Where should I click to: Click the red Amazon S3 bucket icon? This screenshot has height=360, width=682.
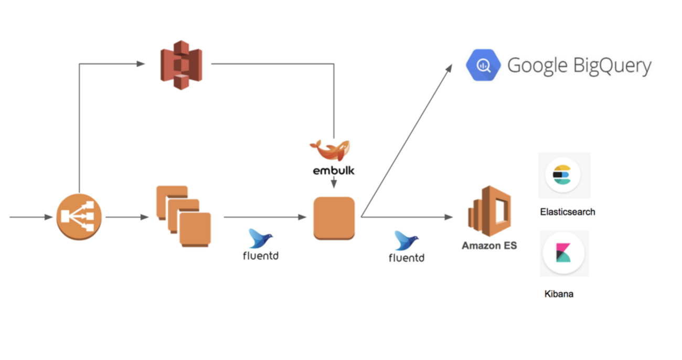181,65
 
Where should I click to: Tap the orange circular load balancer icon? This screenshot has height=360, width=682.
79,217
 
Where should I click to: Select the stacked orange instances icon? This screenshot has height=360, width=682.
183,216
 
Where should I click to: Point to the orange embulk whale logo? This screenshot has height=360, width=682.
330,150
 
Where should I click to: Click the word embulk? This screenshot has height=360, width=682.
331,171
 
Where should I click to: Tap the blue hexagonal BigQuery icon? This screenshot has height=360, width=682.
483,65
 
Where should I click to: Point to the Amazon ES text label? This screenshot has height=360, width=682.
489,245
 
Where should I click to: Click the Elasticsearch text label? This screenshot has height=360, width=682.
567,212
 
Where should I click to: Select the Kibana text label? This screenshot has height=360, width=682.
559,294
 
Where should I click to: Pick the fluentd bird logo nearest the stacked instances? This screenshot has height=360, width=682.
261,238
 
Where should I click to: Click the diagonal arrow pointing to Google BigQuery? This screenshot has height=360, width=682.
407,141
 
